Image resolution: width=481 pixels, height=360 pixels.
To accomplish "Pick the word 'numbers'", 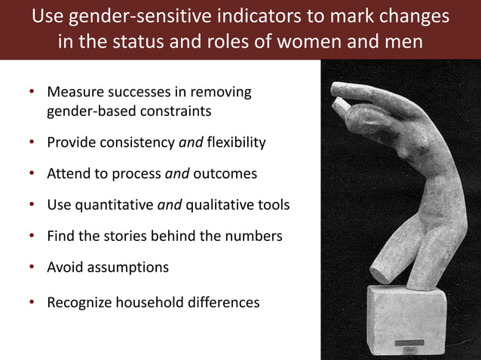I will pyautogui.click(x=252, y=236).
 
